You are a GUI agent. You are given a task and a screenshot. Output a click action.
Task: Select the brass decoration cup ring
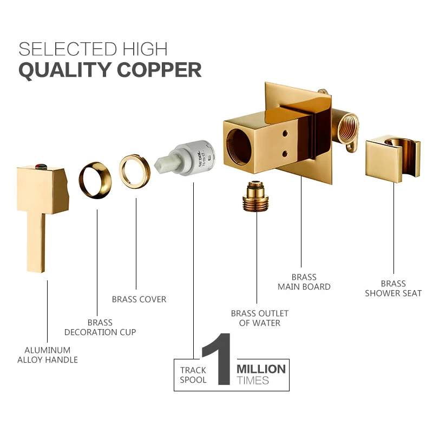click(95, 178)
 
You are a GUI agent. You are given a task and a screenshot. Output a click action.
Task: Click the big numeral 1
click(218, 360)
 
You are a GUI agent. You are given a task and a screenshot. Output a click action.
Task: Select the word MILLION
click(261, 369)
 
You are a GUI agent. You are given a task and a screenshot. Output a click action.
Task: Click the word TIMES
click(253, 380)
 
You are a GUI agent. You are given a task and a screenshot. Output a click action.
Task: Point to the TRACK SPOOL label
click(193, 375)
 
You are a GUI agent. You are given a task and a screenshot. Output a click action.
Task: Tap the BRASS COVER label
click(139, 299)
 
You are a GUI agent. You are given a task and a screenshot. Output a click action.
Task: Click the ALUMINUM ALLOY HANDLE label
click(48, 355)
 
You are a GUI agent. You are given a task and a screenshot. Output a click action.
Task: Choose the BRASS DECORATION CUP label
click(100, 327)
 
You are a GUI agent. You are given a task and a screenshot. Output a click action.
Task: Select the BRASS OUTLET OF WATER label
click(260, 318)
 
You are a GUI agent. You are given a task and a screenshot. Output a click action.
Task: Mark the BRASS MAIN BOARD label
click(304, 281)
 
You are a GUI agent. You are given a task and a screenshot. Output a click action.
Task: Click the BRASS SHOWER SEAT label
click(393, 288)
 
